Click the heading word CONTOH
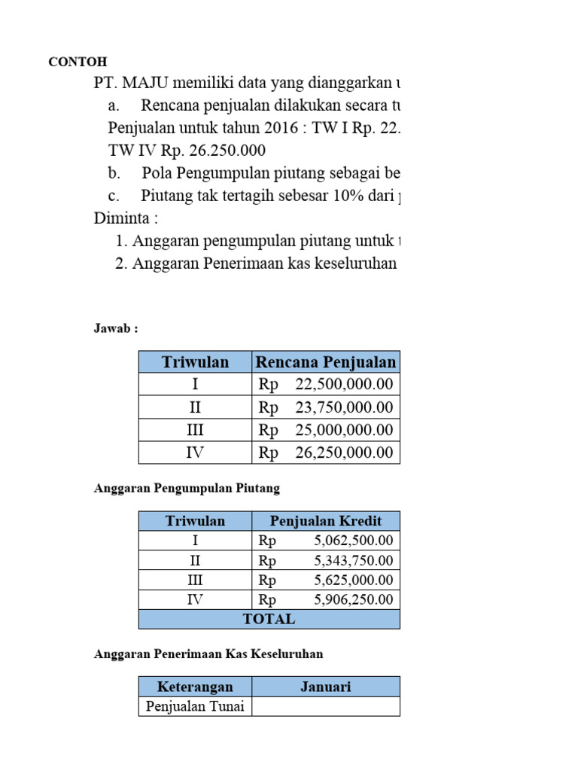coord(78,62)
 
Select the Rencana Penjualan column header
coord(326,362)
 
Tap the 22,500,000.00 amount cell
coord(326,385)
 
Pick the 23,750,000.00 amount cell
coord(326,407)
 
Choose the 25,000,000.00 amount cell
coord(326,430)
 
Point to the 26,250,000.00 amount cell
coord(326,453)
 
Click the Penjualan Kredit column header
coord(326,521)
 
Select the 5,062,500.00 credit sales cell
coord(326,541)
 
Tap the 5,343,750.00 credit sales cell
coord(326,561)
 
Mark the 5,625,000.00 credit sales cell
coord(326,581)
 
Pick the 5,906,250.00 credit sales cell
coord(326,600)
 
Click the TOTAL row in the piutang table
coord(269,619)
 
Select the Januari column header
coord(326,687)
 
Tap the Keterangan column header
coord(195,687)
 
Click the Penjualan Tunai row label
coord(195,706)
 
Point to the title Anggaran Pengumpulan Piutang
coord(187,488)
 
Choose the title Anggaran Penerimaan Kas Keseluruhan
coord(208,654)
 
